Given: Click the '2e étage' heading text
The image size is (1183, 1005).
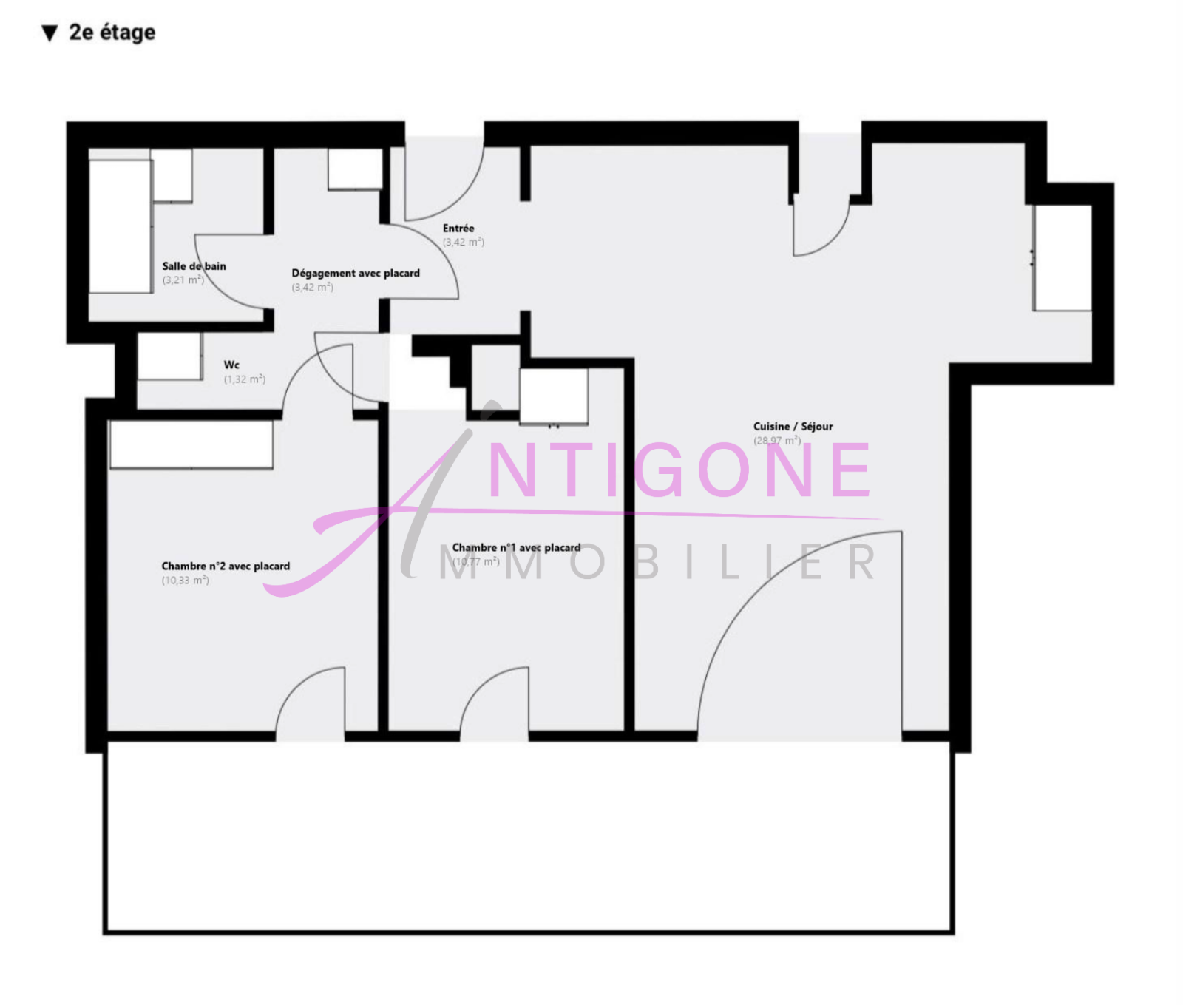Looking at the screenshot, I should (112, 33).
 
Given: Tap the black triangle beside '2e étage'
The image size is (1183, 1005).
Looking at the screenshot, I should (50, 33).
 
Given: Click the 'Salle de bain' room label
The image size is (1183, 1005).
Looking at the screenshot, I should (194, 266).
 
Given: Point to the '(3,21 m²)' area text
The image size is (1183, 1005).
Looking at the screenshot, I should (183, 280).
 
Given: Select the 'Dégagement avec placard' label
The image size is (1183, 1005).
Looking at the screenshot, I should (355, 274).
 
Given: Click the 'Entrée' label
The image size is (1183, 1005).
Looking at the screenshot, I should (458, 229).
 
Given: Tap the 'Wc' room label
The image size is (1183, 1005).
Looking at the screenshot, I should (231, 365).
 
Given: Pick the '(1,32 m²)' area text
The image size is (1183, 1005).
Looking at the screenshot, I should (244, 379).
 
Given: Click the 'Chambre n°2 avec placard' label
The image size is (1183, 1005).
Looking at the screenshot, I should (226, 566).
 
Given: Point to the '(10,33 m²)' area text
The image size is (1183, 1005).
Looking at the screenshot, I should (185, 581).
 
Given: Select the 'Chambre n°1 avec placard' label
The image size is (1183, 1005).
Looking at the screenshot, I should (516, 548).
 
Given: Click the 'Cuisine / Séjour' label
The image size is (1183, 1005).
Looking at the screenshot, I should (793, 427).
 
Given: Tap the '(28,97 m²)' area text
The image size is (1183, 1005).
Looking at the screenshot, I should (776, 441).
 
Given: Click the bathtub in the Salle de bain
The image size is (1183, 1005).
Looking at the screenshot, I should (121, 226).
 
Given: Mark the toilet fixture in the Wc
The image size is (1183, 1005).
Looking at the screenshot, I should (169, 356).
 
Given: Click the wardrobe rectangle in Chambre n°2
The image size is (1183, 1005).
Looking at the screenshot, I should (191, 444).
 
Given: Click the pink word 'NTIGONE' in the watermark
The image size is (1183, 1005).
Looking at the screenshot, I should (679, 470).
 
